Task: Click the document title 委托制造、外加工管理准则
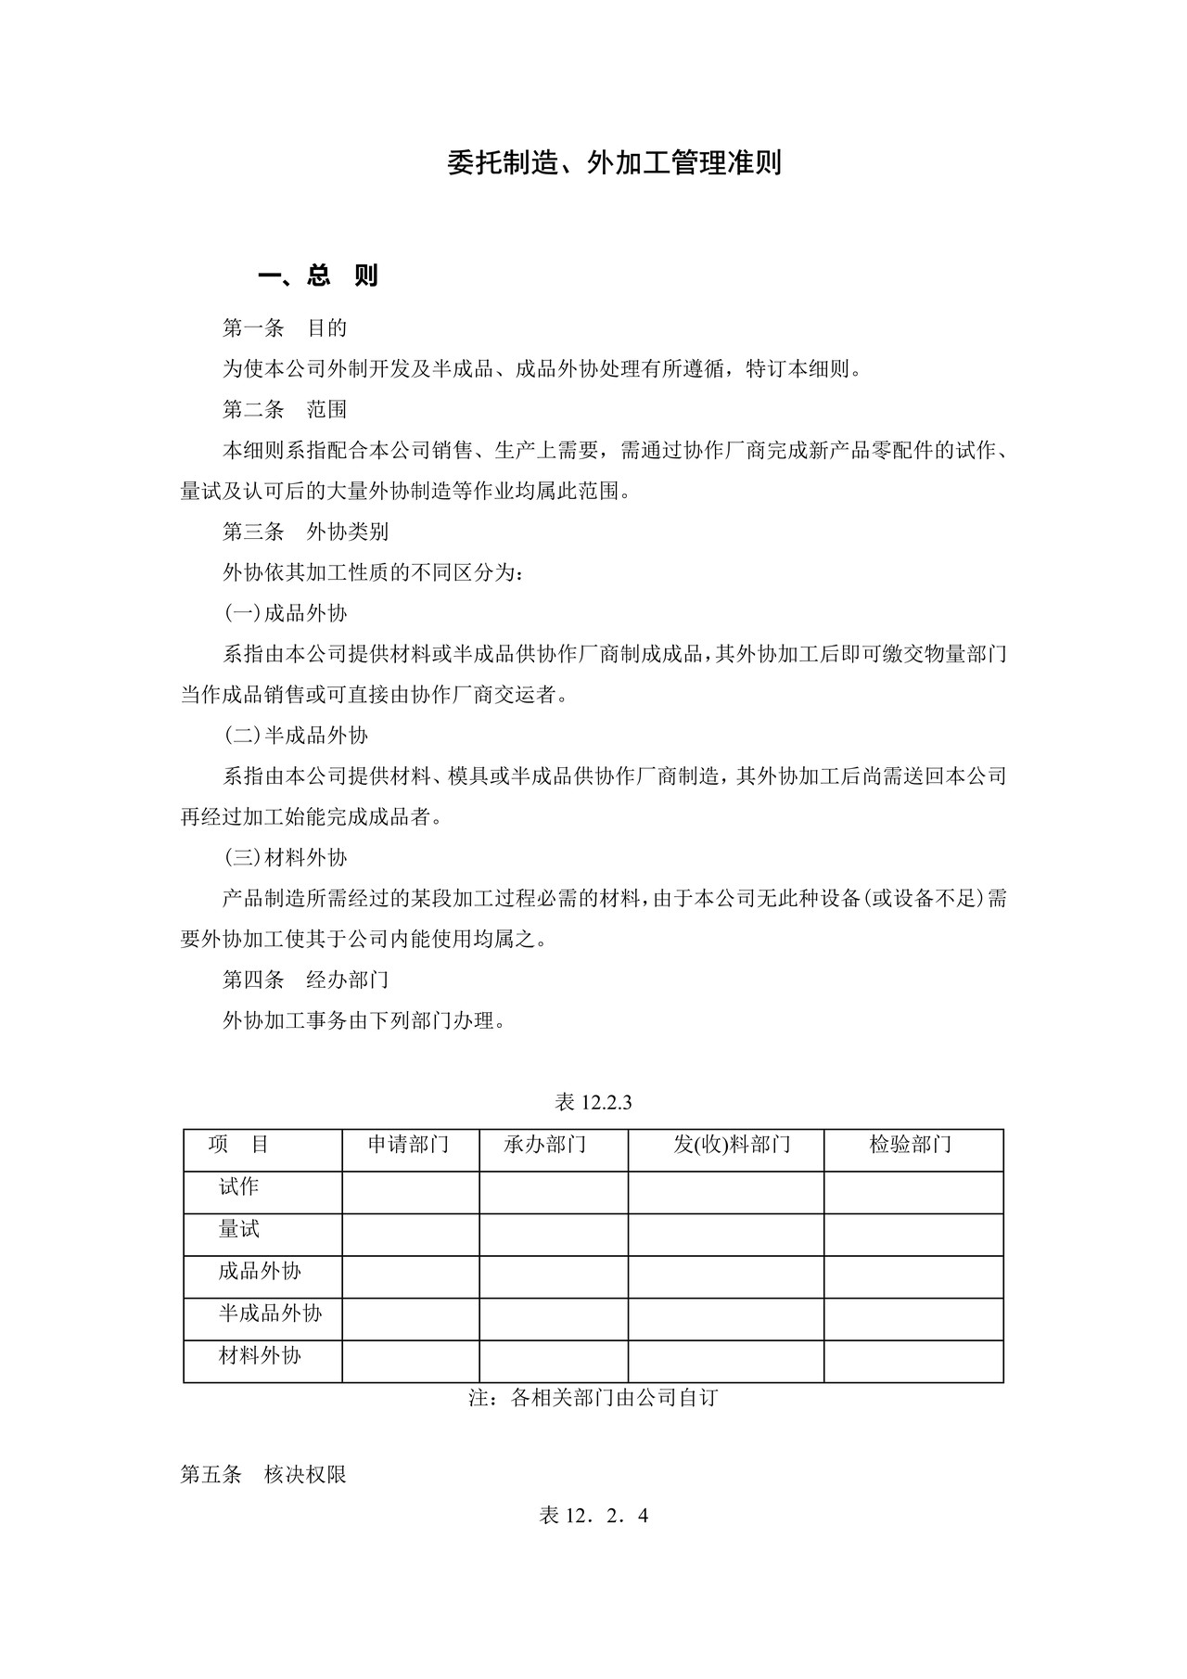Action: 614,163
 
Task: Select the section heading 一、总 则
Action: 317,276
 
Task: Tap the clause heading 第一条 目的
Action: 285,327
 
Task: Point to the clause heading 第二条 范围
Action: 285,409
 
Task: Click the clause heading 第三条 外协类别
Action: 305,532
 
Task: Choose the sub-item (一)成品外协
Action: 286,613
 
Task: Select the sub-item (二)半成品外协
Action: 296,736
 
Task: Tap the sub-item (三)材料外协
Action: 286,858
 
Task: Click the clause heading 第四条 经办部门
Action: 305,980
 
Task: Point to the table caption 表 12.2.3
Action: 593,1102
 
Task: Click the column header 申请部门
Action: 409,1145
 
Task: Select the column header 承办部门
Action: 545,1145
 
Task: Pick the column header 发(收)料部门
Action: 732,1145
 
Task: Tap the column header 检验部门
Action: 911,1145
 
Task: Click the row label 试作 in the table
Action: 238,1186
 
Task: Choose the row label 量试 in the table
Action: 238,1229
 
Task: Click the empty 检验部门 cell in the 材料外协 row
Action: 913,1361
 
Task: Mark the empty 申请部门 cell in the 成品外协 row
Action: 410,1276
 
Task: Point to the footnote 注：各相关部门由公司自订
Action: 593,1398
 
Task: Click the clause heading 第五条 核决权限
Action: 263,1475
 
